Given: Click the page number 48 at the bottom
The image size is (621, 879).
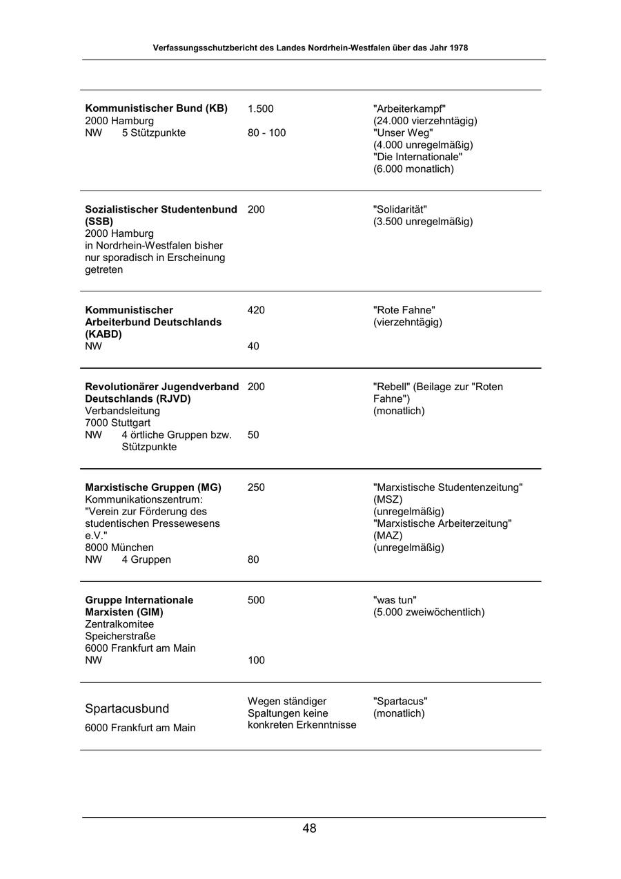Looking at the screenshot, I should point(309,829).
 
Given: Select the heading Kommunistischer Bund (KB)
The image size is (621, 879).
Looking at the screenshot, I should point(156,108).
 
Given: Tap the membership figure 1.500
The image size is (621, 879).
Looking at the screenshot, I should point(261,108).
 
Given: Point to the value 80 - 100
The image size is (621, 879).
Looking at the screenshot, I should point(266,133).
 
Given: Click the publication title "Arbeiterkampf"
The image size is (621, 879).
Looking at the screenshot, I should point(409,108).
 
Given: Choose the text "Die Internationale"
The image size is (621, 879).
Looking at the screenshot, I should point(417,157).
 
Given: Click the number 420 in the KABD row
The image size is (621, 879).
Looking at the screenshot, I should point(256,310).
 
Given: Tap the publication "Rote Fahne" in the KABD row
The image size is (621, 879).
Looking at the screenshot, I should point(404,310).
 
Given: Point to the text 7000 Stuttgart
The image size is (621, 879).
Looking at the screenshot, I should point(117,423).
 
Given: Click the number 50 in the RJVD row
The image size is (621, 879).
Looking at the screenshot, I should point(253,435).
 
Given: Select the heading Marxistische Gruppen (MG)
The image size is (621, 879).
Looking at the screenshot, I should point(153,487).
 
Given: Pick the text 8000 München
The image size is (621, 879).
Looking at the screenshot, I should point(119,548).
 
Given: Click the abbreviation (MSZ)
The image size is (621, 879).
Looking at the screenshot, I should point(388,499).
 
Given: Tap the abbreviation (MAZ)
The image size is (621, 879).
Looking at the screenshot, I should point(388,535).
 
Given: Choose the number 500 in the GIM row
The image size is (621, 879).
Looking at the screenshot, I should point(256,600).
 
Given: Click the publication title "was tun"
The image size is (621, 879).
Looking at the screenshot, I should point(395,600).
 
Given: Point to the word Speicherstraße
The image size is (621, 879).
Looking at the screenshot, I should point(120,636).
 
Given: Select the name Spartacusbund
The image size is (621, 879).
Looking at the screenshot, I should point(127,708).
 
